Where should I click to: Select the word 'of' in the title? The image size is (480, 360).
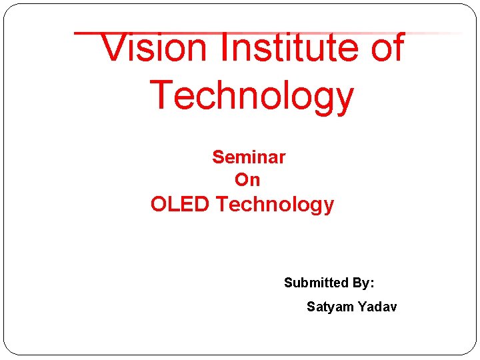pos(385,48)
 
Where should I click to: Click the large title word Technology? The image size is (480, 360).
pos(251,95)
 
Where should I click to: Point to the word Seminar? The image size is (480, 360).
pos(249,157)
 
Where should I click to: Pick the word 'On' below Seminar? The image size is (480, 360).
pos(247,180)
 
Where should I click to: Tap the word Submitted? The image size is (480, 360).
pos(317,283)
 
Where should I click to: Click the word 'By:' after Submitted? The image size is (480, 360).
pos(363,283)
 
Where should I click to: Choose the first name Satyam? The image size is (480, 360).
pos(329,307)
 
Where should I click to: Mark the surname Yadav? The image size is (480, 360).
pos(377,307)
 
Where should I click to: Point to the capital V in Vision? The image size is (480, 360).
pos(114,48)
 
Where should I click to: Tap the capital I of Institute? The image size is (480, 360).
pos(223,48)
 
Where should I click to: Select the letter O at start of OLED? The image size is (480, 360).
pos(159,204)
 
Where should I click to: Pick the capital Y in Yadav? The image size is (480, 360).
pos(362,307)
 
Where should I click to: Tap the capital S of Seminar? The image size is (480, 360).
pos(218,157)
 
